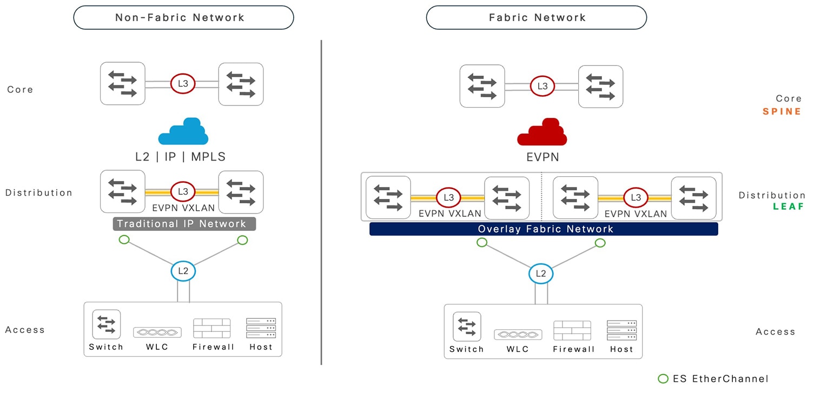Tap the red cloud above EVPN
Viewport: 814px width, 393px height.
coord(542,132)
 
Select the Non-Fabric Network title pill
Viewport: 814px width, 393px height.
coord(183,17)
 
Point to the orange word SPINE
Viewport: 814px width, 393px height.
coord(782,111)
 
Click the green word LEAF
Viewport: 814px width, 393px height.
coord(789,207)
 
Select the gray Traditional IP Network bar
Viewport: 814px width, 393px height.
coord(184,224)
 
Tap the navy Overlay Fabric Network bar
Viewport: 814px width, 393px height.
coord(544,229)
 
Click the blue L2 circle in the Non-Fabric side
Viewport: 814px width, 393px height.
coord(183,271)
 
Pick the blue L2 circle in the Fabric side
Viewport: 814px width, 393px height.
coord(541,274)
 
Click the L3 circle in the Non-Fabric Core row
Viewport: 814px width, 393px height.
coord(182,83)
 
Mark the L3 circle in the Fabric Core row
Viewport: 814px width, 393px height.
coord(542,86)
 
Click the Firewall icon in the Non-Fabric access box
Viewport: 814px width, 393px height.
coord(212,328)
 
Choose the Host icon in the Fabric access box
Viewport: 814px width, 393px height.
coord(621,330)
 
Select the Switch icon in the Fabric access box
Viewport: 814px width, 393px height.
coord(467,327)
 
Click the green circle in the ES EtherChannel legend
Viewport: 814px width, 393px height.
coord(663,378)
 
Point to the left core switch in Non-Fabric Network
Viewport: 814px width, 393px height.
coord(123,84)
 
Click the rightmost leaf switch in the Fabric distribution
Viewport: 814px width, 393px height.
coord(693,198)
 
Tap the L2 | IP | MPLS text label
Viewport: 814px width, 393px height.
coord(180,157)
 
